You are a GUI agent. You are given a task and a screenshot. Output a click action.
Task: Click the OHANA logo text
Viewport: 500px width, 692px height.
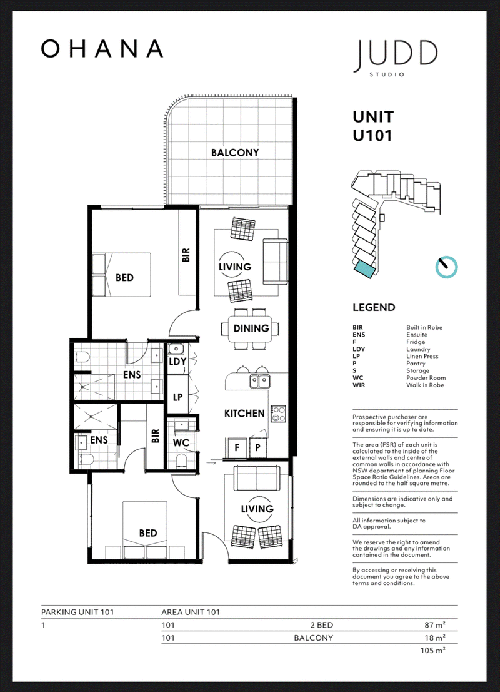(x=102, y=49)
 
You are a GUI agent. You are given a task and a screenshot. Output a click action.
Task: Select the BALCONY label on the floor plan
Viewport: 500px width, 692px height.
(x=235, y=153)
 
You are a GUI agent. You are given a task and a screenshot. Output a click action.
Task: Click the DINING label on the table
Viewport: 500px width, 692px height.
(x=251, y=328)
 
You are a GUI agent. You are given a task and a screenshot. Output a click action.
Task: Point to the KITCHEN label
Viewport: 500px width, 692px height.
(x=245, y=414)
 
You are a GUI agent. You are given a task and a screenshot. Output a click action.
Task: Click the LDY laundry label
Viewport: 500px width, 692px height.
(x=177, y=362)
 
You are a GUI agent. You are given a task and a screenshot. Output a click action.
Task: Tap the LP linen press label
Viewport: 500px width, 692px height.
(x=177, y=397)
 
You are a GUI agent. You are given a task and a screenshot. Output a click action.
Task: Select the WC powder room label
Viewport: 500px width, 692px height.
(x=181, y=442)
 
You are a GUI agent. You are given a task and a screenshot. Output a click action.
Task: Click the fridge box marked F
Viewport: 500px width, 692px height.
(x=237, y=448)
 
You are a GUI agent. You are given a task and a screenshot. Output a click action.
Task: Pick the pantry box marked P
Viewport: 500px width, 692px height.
(x=258, y=448)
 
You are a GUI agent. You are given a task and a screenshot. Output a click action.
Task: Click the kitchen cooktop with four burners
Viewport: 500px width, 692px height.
(x=278, y=414)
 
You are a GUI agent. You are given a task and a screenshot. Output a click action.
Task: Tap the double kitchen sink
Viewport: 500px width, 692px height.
(x=260, y=380)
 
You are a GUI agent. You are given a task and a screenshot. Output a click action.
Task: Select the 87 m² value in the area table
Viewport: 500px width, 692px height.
(x=435, y=625)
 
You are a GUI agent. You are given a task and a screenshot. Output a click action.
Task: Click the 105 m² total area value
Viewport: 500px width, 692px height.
(x=432, y=651)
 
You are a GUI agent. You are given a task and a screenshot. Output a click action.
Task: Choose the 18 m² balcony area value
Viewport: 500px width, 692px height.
(x=435, y=638)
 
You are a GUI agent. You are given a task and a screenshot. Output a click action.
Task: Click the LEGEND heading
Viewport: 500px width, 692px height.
(x=374, y=308)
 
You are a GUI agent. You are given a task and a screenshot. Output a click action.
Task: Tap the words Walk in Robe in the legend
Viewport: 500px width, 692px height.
(x=425, y=385)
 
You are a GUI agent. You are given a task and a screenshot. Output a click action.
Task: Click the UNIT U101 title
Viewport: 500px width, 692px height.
(x=373, y=126)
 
